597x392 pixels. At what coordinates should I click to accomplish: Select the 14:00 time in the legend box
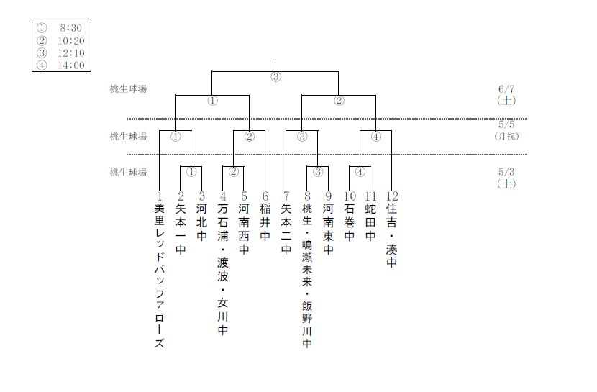tap(71, 65)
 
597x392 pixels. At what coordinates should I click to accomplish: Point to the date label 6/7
tap(506, 89)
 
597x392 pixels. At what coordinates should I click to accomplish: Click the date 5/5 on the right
tap(506, 124)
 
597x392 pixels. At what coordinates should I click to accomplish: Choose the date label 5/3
tap(506, 173)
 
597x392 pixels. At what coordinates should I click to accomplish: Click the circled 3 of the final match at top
tap(275, 78)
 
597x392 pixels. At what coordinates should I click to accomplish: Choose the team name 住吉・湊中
tap(392, 236)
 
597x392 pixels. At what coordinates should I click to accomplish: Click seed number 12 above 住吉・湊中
tap(392, 196)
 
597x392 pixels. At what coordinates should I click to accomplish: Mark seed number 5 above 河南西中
tap(244, 196)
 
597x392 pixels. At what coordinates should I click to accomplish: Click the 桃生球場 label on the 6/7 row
tap(128, 89)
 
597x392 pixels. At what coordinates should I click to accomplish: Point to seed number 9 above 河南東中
tap(328, 196)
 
